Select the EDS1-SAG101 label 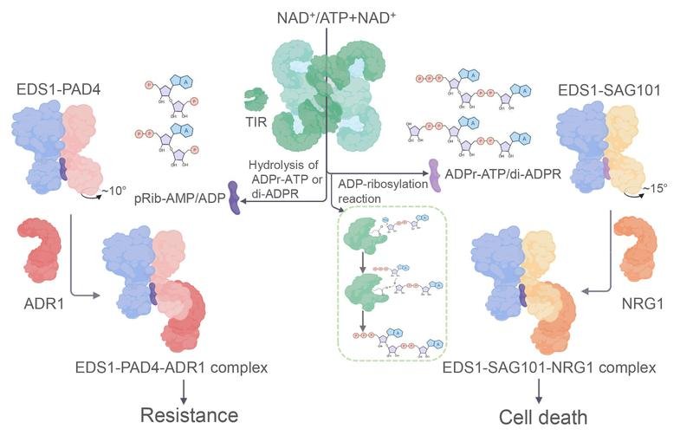pos(599,88)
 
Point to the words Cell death pos(543,417)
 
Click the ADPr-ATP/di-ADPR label pos(505,172)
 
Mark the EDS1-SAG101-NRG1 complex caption pos(544,367)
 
